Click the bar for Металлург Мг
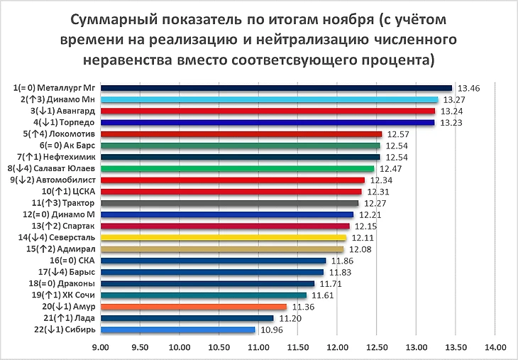pos(277,88)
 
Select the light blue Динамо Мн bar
pos(270,99)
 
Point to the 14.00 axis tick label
pos(495,347)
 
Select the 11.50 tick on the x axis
pos(297,347)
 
